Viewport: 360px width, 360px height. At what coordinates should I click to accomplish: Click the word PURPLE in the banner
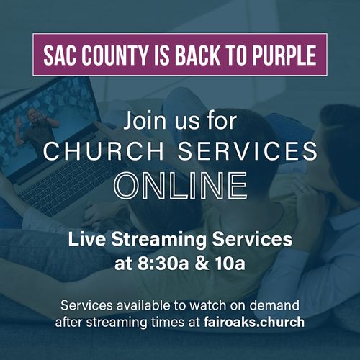point(284,55)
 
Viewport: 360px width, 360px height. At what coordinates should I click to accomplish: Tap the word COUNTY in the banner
point(115,55)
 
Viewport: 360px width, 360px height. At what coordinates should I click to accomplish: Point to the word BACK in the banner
point(197,55)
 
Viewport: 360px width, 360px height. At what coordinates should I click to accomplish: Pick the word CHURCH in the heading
point(104,150)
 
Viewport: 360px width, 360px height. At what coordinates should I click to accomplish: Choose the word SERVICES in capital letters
point(248,150)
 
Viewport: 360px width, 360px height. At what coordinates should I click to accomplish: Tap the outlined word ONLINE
point(181,186)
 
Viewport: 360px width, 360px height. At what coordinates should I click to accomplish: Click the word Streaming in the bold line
point(158,240)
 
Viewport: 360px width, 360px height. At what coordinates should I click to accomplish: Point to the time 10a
point(230,264)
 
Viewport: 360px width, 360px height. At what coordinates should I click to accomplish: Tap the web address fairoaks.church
point(254,322)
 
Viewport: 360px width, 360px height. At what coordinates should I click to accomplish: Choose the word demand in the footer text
point(274,305)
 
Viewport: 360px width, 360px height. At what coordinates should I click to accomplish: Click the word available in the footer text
point(144,305)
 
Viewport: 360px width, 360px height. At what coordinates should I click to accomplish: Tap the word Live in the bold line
point(86,239)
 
